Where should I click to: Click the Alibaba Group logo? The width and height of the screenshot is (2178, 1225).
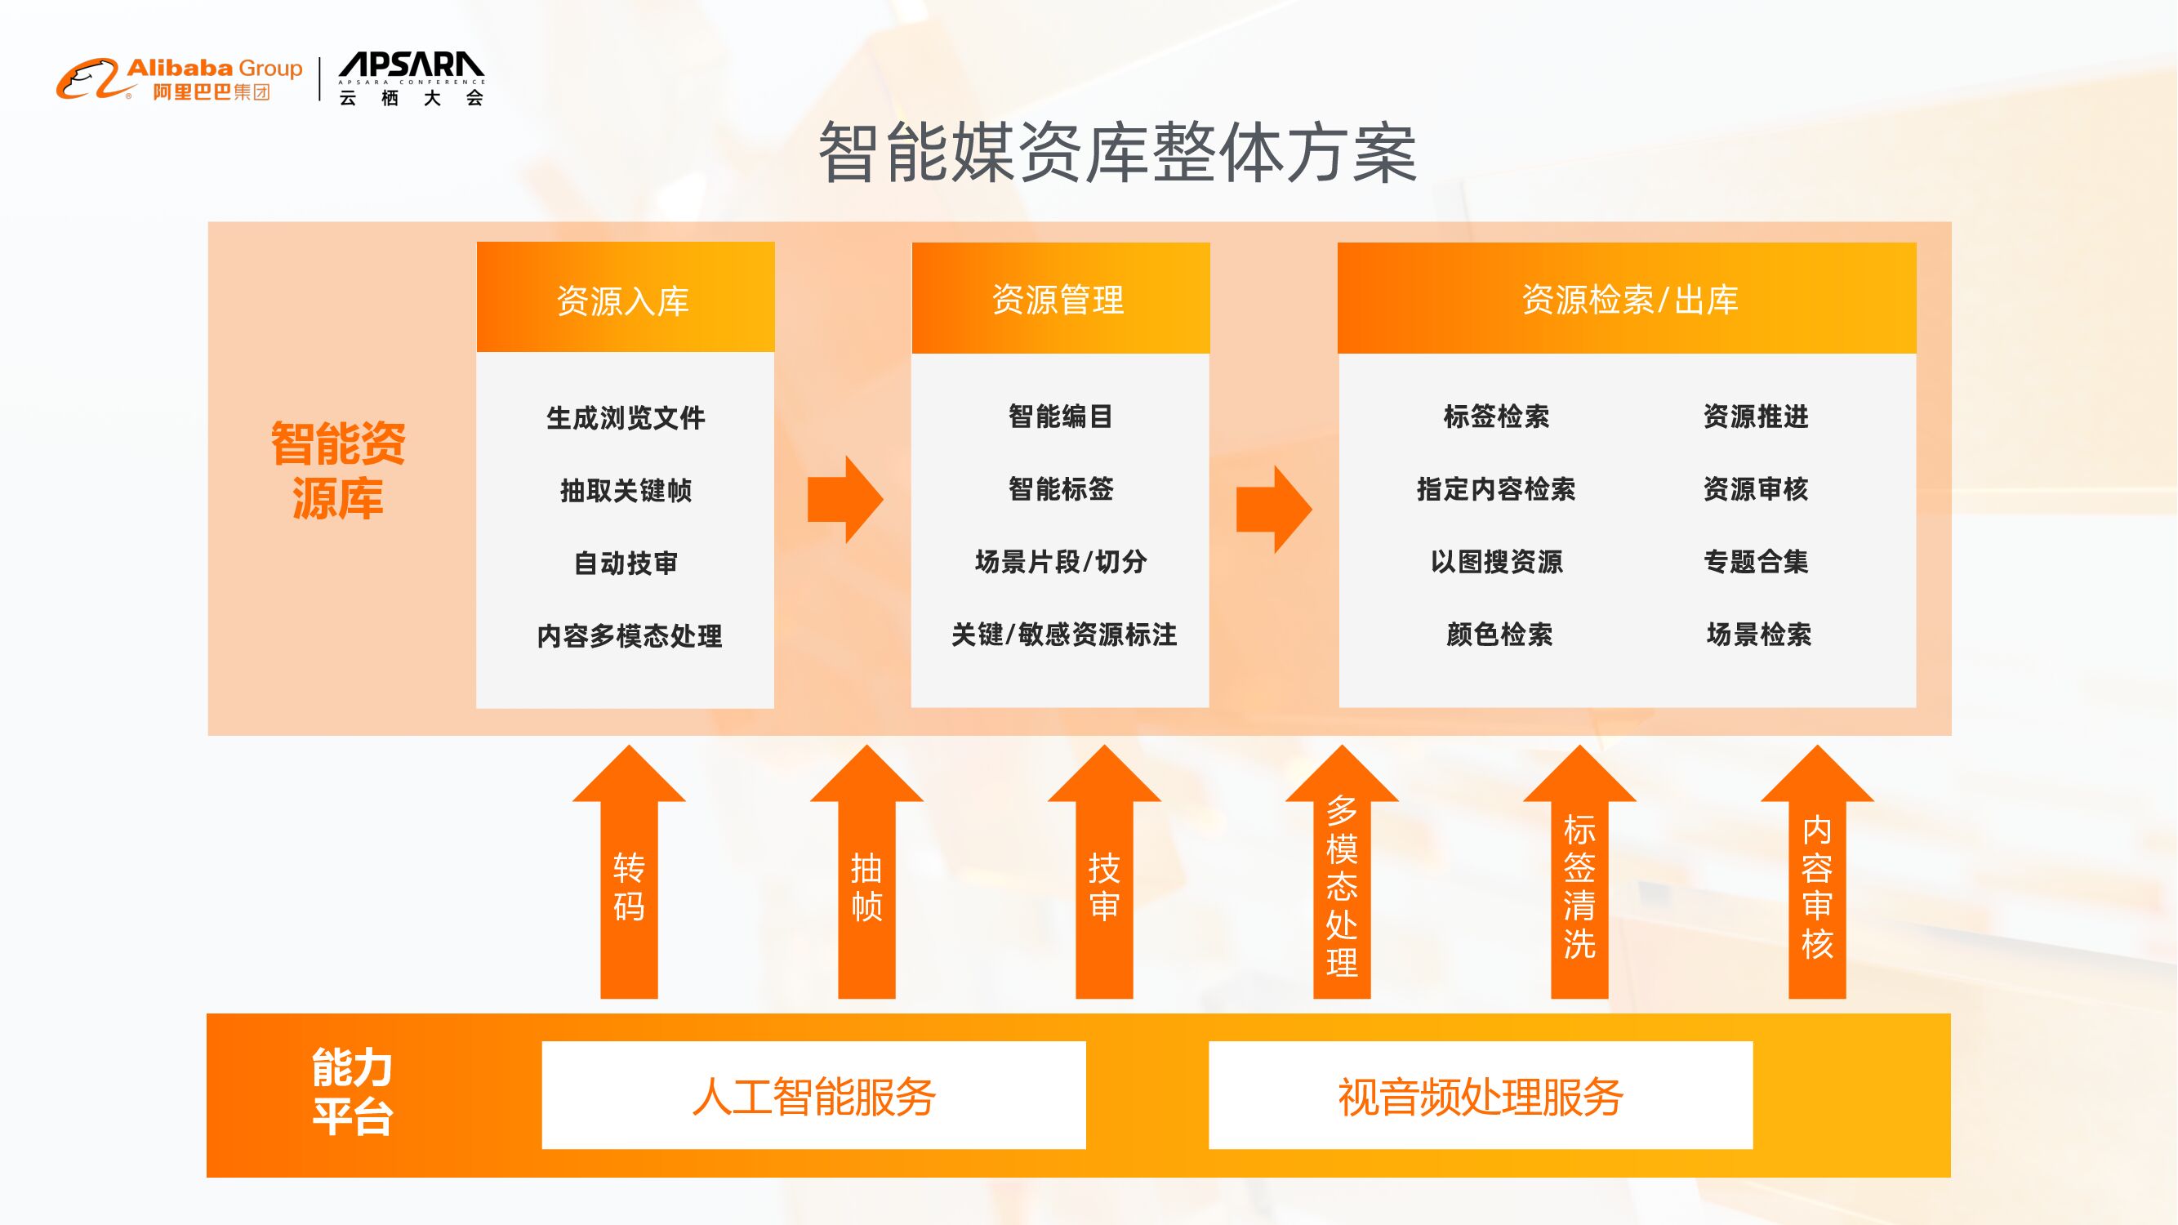point(179,79)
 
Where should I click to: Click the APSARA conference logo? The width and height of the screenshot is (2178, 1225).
point(411,79)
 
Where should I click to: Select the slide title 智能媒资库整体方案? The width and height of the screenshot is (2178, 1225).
point(1117,153)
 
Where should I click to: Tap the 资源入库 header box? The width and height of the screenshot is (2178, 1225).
point(625,297)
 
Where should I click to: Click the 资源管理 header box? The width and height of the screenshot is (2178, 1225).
point(1060,297)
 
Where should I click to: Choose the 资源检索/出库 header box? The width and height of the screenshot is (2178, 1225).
point(1627,297)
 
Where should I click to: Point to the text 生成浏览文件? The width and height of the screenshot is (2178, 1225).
point(626,417)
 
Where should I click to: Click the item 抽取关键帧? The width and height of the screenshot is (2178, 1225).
point(626,490)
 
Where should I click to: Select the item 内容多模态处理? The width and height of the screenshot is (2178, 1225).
point(629,635)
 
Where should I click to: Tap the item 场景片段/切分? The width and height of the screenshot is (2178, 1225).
point(1061,562)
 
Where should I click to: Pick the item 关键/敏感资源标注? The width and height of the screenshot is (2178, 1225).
point(1063,635)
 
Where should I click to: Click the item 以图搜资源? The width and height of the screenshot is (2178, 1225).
point(1497,562)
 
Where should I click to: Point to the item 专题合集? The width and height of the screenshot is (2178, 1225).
point(1756,562)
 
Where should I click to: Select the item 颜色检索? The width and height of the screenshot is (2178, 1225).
point(1499,635)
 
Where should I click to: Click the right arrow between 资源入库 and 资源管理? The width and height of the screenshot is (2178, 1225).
point(844,500)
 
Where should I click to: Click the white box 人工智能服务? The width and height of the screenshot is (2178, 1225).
point(813,1096)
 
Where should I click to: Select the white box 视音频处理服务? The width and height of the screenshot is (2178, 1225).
point(1481,1096)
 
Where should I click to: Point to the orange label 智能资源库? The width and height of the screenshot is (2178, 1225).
point(338,470)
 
